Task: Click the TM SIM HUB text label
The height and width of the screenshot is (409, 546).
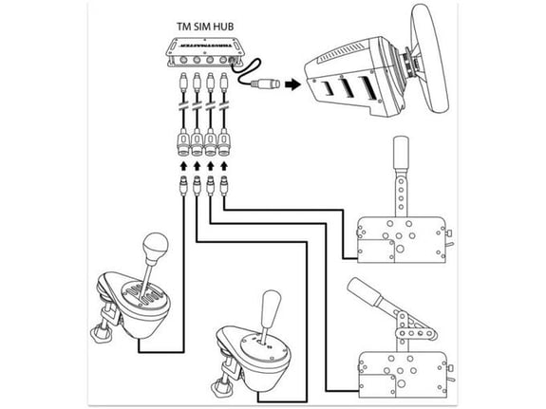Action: point(205,27)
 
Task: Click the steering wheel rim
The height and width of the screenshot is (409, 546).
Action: point(430,58)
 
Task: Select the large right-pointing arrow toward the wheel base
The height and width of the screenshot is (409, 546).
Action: point(292,84)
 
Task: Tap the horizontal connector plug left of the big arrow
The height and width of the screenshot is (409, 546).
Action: point(265,84)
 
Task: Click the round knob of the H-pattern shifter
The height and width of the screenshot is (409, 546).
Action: point(156,247)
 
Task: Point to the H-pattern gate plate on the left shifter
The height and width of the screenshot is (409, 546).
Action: point(141,294)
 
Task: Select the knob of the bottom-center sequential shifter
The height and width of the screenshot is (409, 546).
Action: point(271,305)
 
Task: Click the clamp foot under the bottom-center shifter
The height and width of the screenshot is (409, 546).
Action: point(222,387)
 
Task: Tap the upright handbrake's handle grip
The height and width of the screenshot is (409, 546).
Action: point(401,152)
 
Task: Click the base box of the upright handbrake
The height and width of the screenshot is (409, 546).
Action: point(403,239)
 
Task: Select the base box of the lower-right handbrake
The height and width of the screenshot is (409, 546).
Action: point(404,374)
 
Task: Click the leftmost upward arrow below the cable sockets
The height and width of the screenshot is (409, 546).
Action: point(183,165)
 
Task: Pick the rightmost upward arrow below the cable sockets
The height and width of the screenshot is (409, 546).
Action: point(224,165)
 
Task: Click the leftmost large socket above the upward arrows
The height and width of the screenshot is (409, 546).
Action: point(183,141)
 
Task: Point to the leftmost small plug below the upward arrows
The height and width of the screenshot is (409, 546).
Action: point(183,186)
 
